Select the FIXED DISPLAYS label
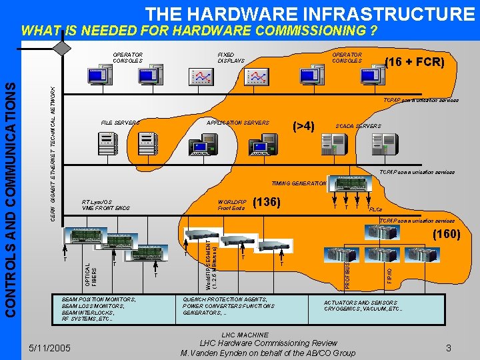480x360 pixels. point(231,57)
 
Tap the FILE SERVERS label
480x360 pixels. point(120,123)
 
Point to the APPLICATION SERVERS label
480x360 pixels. point(238,123)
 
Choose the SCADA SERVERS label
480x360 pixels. point(358,126)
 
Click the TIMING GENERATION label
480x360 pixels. point(299,183)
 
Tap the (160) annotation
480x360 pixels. point(446,234)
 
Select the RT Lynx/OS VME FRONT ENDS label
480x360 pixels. point(105,205)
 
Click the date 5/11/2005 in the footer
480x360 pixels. point(51,347)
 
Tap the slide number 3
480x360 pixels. point(449,347)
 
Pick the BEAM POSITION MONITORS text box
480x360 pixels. point(98,309)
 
